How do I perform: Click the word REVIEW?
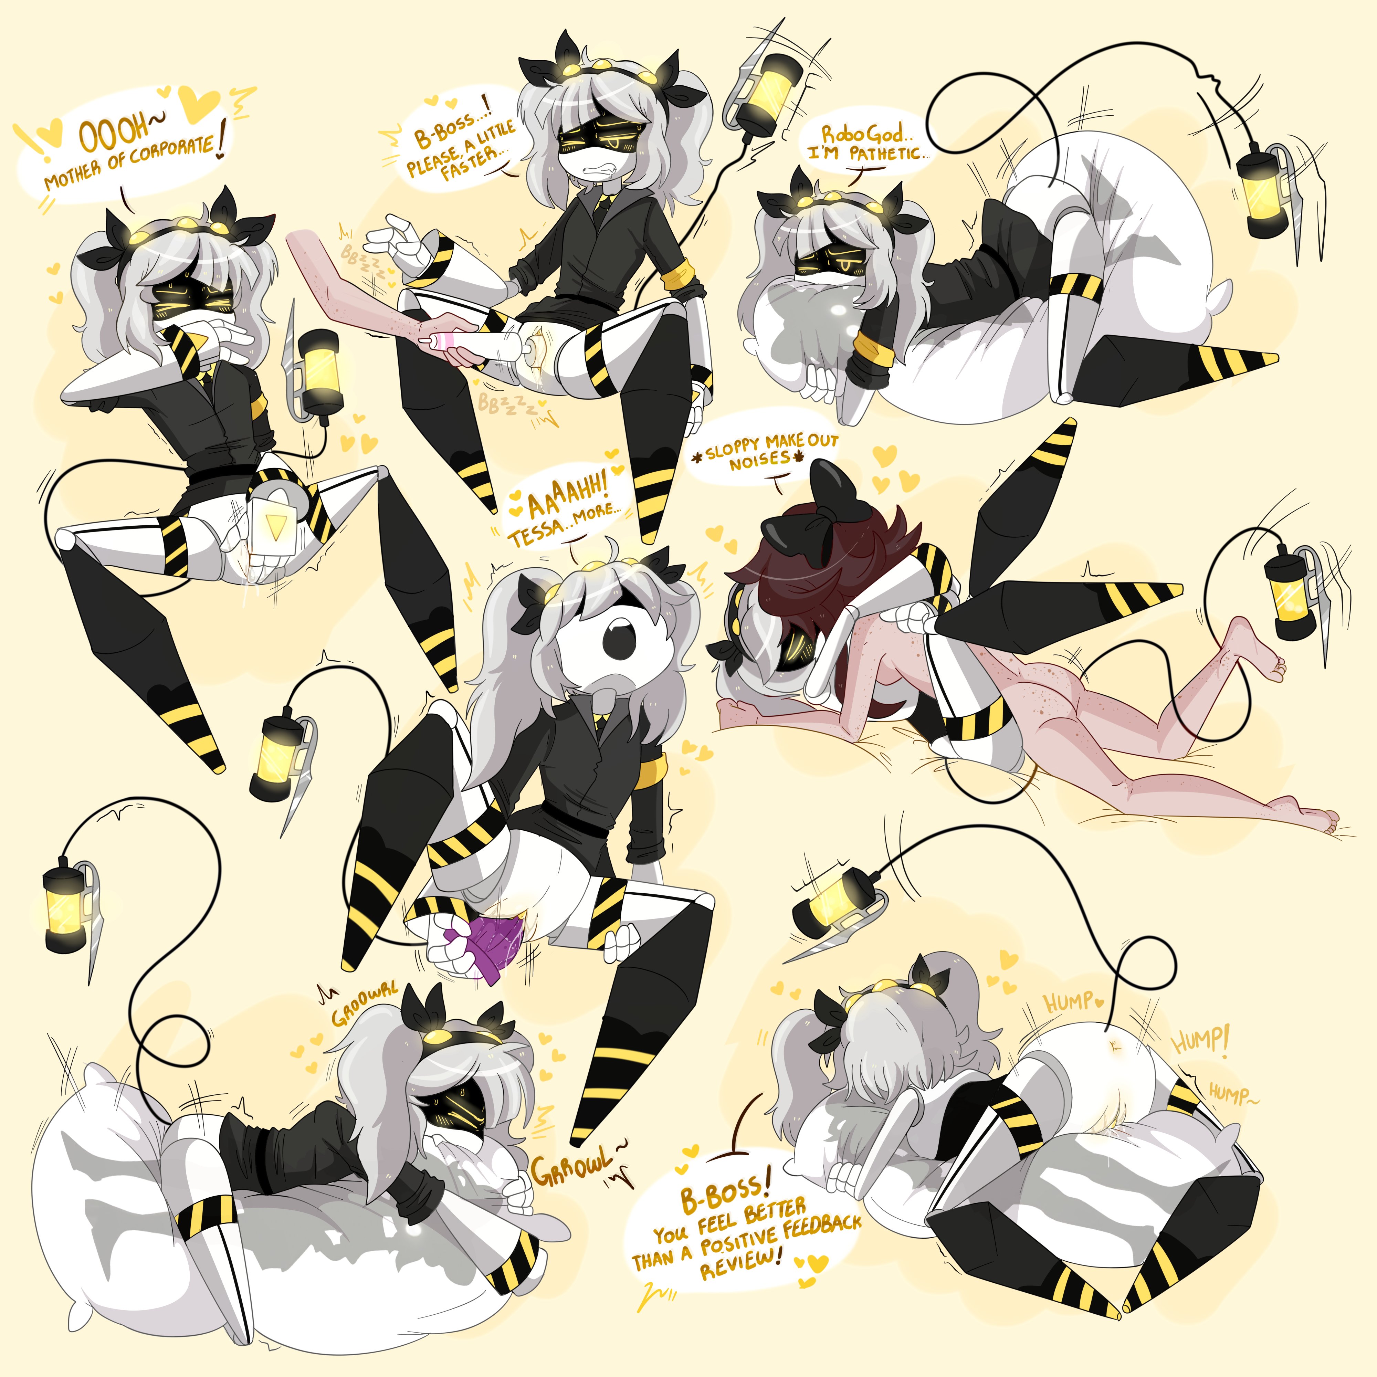(741, 1267)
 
